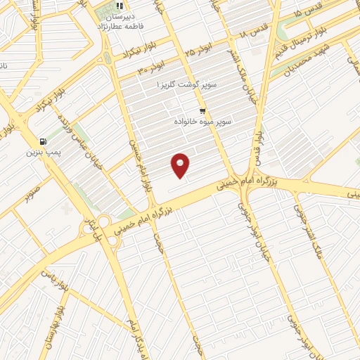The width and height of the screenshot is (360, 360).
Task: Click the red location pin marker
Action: (x=181, y=165)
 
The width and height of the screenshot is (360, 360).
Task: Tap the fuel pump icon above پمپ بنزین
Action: (x=44, y=140)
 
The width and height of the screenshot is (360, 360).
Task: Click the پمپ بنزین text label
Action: (x=44, y=152)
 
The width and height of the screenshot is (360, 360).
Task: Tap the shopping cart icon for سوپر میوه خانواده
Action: (x=202, y=111)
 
